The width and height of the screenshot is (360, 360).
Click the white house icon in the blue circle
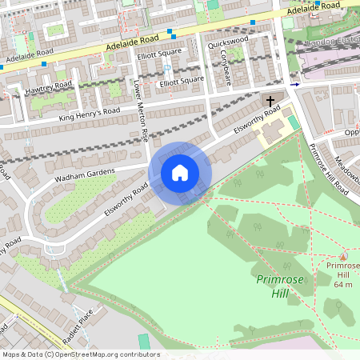coord(180,172)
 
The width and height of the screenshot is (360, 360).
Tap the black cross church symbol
coord(271,102)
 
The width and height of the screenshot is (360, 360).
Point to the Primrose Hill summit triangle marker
coord(343,257)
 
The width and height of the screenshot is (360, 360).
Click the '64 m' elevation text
coord(343,284)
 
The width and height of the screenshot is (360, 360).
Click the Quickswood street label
coord(228,42)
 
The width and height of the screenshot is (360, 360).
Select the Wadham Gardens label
coord(86,176)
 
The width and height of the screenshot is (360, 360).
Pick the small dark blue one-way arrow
coord(294,84)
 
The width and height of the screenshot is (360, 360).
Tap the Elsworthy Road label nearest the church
coord(258,116)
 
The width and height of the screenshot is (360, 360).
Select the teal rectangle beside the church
coord(293,122)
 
